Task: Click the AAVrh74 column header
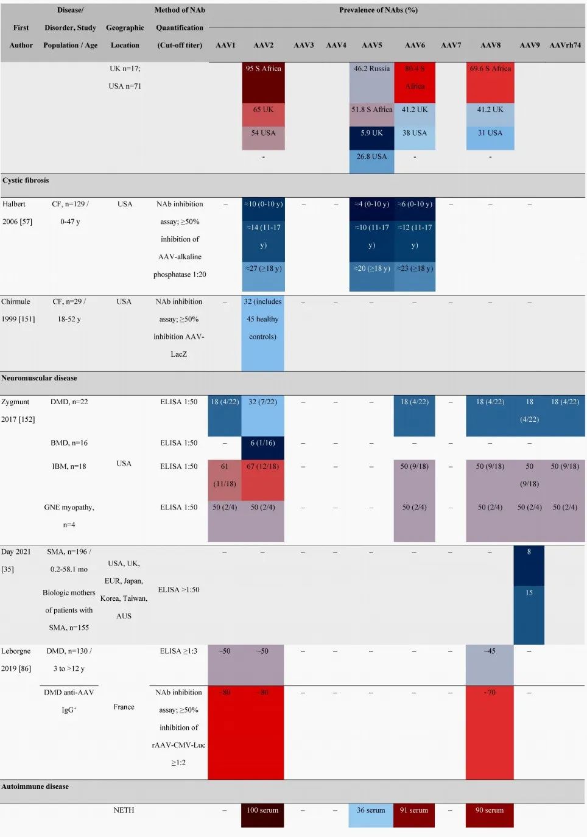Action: coord(564,45)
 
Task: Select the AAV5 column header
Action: coord(371,45)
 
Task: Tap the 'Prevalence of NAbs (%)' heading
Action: coord(378,10)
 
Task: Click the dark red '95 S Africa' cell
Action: coord(263,82)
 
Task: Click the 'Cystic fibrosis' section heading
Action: coord(26,180)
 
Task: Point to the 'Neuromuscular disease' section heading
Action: coord(39,378)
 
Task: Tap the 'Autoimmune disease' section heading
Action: coord(35,786)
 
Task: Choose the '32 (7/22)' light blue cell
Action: coord(262,416)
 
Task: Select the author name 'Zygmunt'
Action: coord(15,402)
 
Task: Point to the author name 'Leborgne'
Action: coord(16,651)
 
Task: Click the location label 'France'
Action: coord(124,707)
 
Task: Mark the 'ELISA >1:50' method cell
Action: coord(178,589)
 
